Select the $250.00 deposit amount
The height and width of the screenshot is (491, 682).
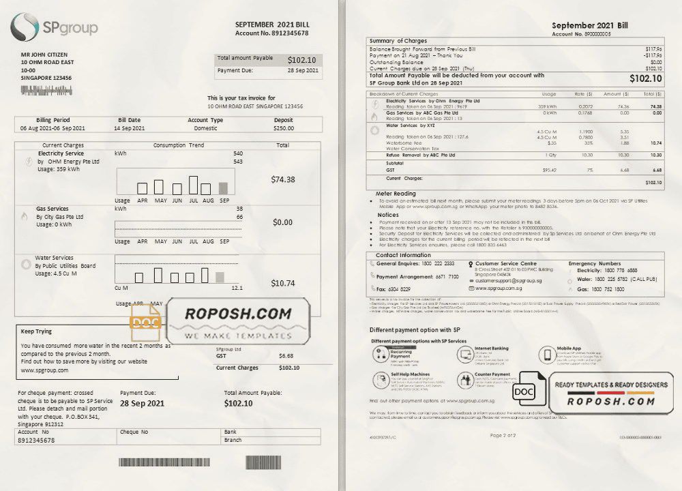pyautogui.click(x=284, y=128)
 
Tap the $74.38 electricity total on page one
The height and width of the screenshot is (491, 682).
pyautogui.click(x=283, y=179)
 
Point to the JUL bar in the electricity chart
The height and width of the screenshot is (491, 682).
pyautogui.click(x=194, y=185)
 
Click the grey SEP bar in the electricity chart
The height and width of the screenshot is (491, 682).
pyautogui.click(x=224, y=188)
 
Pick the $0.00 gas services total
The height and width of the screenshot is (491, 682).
pyautogui.click(x=282, y=222)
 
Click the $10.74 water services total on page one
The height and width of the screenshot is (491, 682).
pyautogui.click(x=282, y=283)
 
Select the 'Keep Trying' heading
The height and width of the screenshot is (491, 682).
pyautogui.click(x=36, y=331)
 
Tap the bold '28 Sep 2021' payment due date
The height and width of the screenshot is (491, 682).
pyautogui.click(x=142, y=404)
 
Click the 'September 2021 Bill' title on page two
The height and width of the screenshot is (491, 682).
pyautogui.click(x=589, y=25)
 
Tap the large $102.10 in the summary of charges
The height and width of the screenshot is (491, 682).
pyautogui.click(x=645, y=78)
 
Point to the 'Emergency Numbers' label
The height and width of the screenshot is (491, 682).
pyautogui.click(x=594, y=263)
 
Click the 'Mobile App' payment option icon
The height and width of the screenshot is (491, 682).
pyautogui.click(x=546, y=354)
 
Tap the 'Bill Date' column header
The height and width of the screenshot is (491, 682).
pyautogui.click(x=130, y=120)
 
